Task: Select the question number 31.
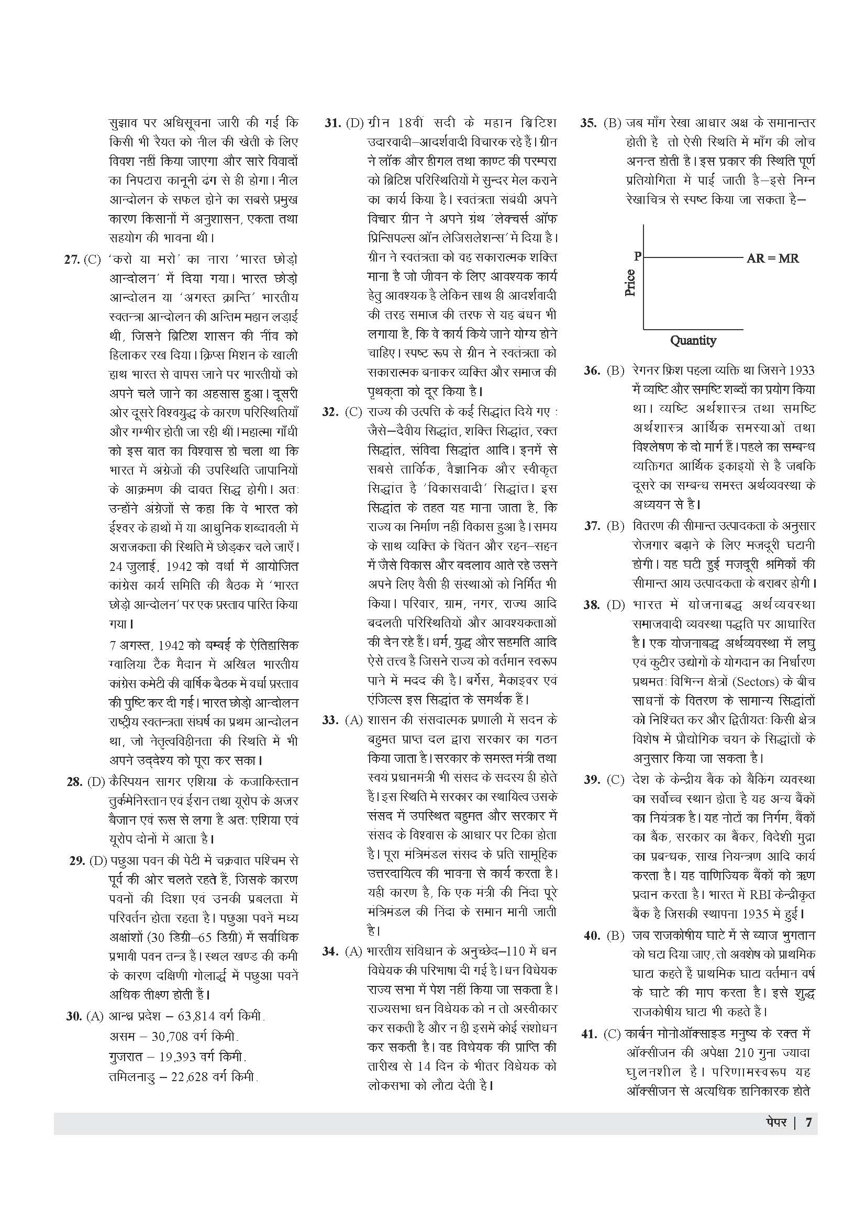click(332, 123)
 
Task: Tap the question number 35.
click(588, 123)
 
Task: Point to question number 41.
click(589, 1034)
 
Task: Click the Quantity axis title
click(693, 340)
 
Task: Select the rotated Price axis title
click(630, 283)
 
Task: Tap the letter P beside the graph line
click(637, 256)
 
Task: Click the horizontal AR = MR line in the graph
click(693, 257)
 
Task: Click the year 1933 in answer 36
click(801, 370)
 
